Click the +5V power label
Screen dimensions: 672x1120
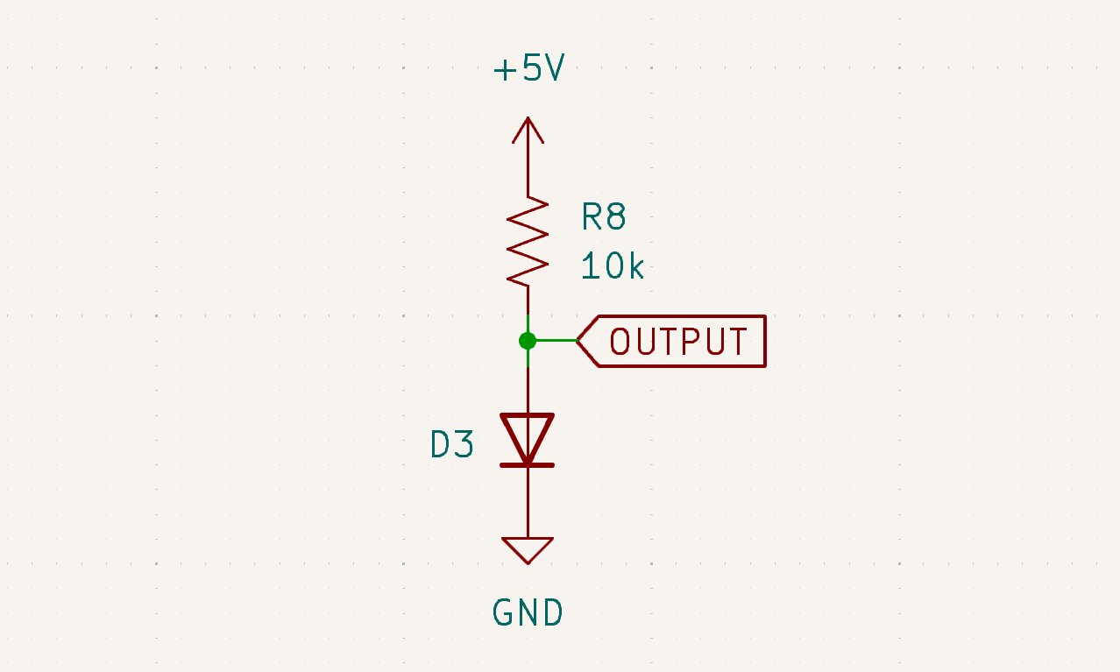[x=528, y=68]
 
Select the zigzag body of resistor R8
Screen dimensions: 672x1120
[x=528, y=241]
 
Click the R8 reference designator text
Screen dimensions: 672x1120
[x=604, y=216]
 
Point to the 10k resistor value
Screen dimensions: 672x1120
[x=612, y=266]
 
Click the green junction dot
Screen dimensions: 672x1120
[x=528, y=340]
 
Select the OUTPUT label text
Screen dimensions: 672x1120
[x=678, y=341]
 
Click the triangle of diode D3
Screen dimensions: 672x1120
[x=528, y=435]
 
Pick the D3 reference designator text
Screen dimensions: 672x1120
[x=452, y=445]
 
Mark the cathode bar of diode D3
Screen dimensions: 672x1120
[x=528, y=464]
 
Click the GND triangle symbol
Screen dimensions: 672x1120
[x=528, y=548]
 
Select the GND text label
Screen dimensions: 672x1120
[x=528, y=612]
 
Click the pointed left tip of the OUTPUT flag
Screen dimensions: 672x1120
[x=579, y=340]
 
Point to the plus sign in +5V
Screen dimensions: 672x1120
[x=505, y=69]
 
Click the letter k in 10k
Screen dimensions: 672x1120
[x=636, y=266]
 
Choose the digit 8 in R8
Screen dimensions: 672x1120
[x=615, y=216]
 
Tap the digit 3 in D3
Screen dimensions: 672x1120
[x=464, y=445]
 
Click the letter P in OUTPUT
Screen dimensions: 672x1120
[x=691, y=341]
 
